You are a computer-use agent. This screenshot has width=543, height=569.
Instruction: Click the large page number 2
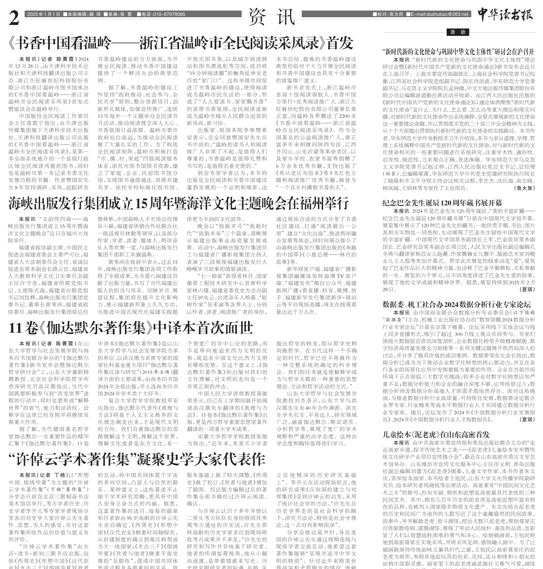[14, 18]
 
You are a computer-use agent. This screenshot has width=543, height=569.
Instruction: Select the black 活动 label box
[458, 32]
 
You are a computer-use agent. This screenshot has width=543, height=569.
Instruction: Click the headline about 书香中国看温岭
[180, 43]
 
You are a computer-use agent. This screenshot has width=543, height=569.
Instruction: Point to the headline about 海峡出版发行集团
[178, 203]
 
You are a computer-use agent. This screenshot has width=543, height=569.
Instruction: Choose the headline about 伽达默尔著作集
[131, 328]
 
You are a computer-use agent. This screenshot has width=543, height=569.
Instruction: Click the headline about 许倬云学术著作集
[137, 459]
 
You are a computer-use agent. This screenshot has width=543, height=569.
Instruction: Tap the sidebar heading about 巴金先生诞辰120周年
[442, 203]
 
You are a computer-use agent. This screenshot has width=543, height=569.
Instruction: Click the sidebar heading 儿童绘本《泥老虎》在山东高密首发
[436, 434]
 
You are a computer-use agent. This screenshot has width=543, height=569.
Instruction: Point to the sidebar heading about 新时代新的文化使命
[458, 51]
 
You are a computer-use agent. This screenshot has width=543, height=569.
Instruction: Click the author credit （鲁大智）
[525, 188]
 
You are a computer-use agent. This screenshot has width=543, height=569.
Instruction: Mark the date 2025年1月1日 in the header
[44, 14]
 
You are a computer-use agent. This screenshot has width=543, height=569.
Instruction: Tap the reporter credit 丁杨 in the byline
[60, 475]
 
